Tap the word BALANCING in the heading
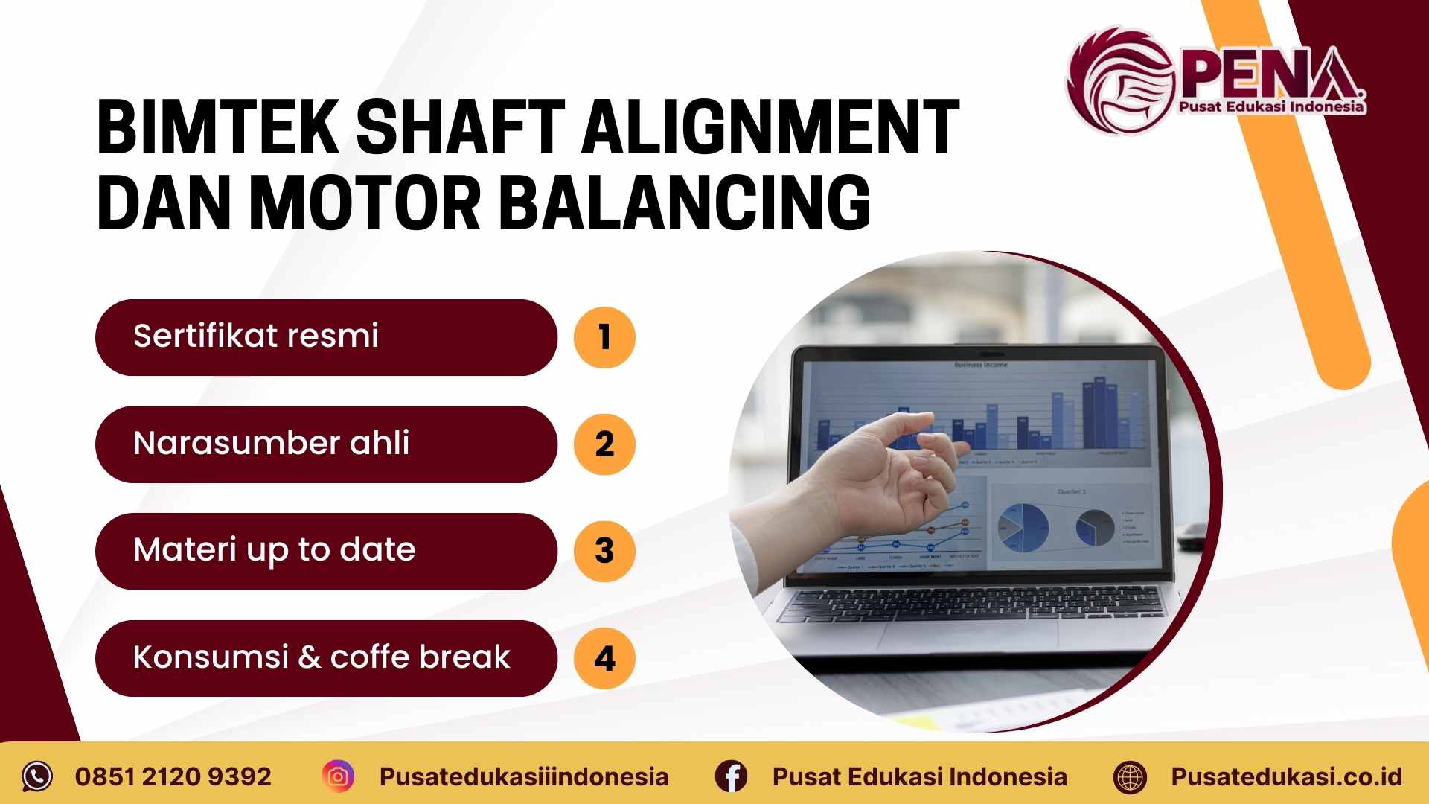tap(684, 202)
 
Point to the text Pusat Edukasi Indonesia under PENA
tap(1271, 107)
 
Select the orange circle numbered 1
tap(604, 337)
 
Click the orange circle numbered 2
tap(604, 444)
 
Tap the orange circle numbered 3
tap(604, 551)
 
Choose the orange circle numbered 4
tap(604, 658)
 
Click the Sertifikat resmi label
tap(255, 336)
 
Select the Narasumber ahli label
tap(271, 443)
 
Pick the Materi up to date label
tap(274, 550)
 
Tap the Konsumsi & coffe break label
tap(322, 657)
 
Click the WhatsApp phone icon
tap(37, 776)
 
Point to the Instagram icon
tap(338, 776)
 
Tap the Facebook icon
tap(731, 776)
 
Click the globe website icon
tap(1130, 777)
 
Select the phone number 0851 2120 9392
tap(173, 776)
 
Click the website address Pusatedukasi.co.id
tap(1286, 776)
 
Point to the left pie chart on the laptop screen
tap(1023, 526)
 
